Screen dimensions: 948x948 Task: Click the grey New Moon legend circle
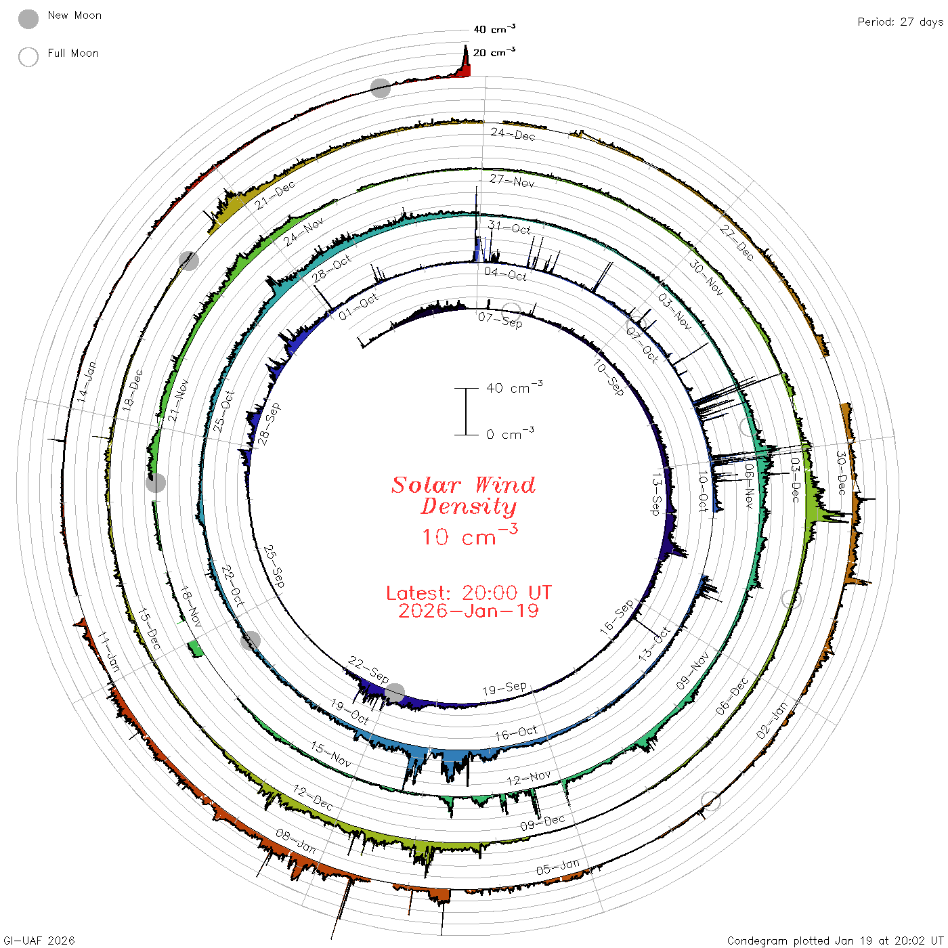click(x=28, y=19)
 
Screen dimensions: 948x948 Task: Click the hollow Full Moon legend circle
click(x=28, y=57)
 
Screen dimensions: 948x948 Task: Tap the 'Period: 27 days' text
click(x=900, y=22)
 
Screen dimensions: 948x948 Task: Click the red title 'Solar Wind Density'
click(x=463, y=496)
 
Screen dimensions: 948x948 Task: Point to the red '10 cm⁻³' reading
click(x=470, y=535)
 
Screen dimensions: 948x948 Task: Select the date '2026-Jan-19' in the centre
click(x=469, y=611)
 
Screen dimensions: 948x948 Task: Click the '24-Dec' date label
click(x=513, y=133)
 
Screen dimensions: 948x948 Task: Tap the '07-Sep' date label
click(x=500, y=320)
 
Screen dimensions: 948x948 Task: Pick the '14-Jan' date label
click(x=87, y=382)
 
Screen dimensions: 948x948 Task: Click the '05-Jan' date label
click(x=558, y=866)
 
